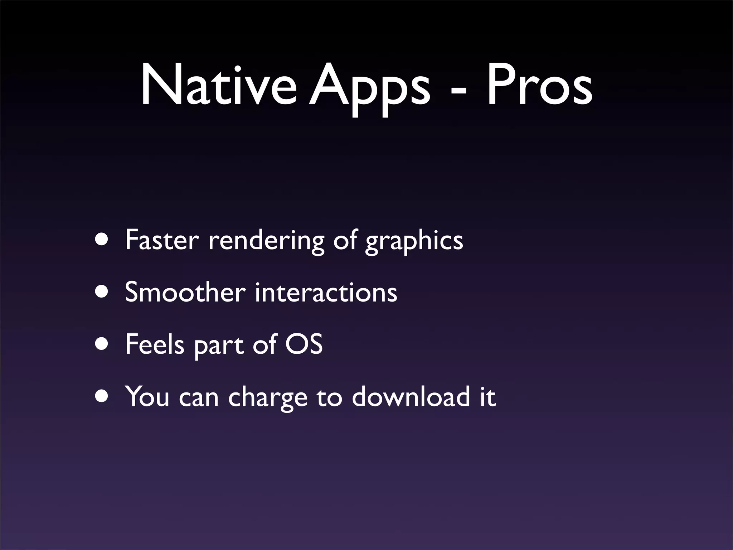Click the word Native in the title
218,86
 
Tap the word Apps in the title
369,88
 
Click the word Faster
162,240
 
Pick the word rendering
266,241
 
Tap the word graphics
414,241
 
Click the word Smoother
185,292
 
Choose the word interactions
326,292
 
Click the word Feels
155,344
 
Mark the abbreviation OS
304,344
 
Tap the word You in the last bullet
147,396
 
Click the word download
411,396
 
